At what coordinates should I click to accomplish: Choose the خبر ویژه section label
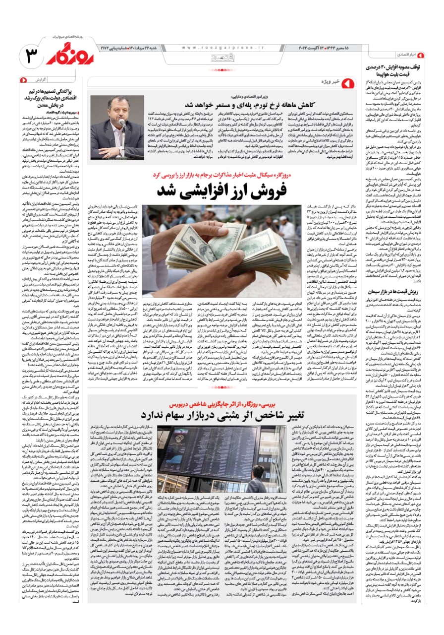[329, 81]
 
